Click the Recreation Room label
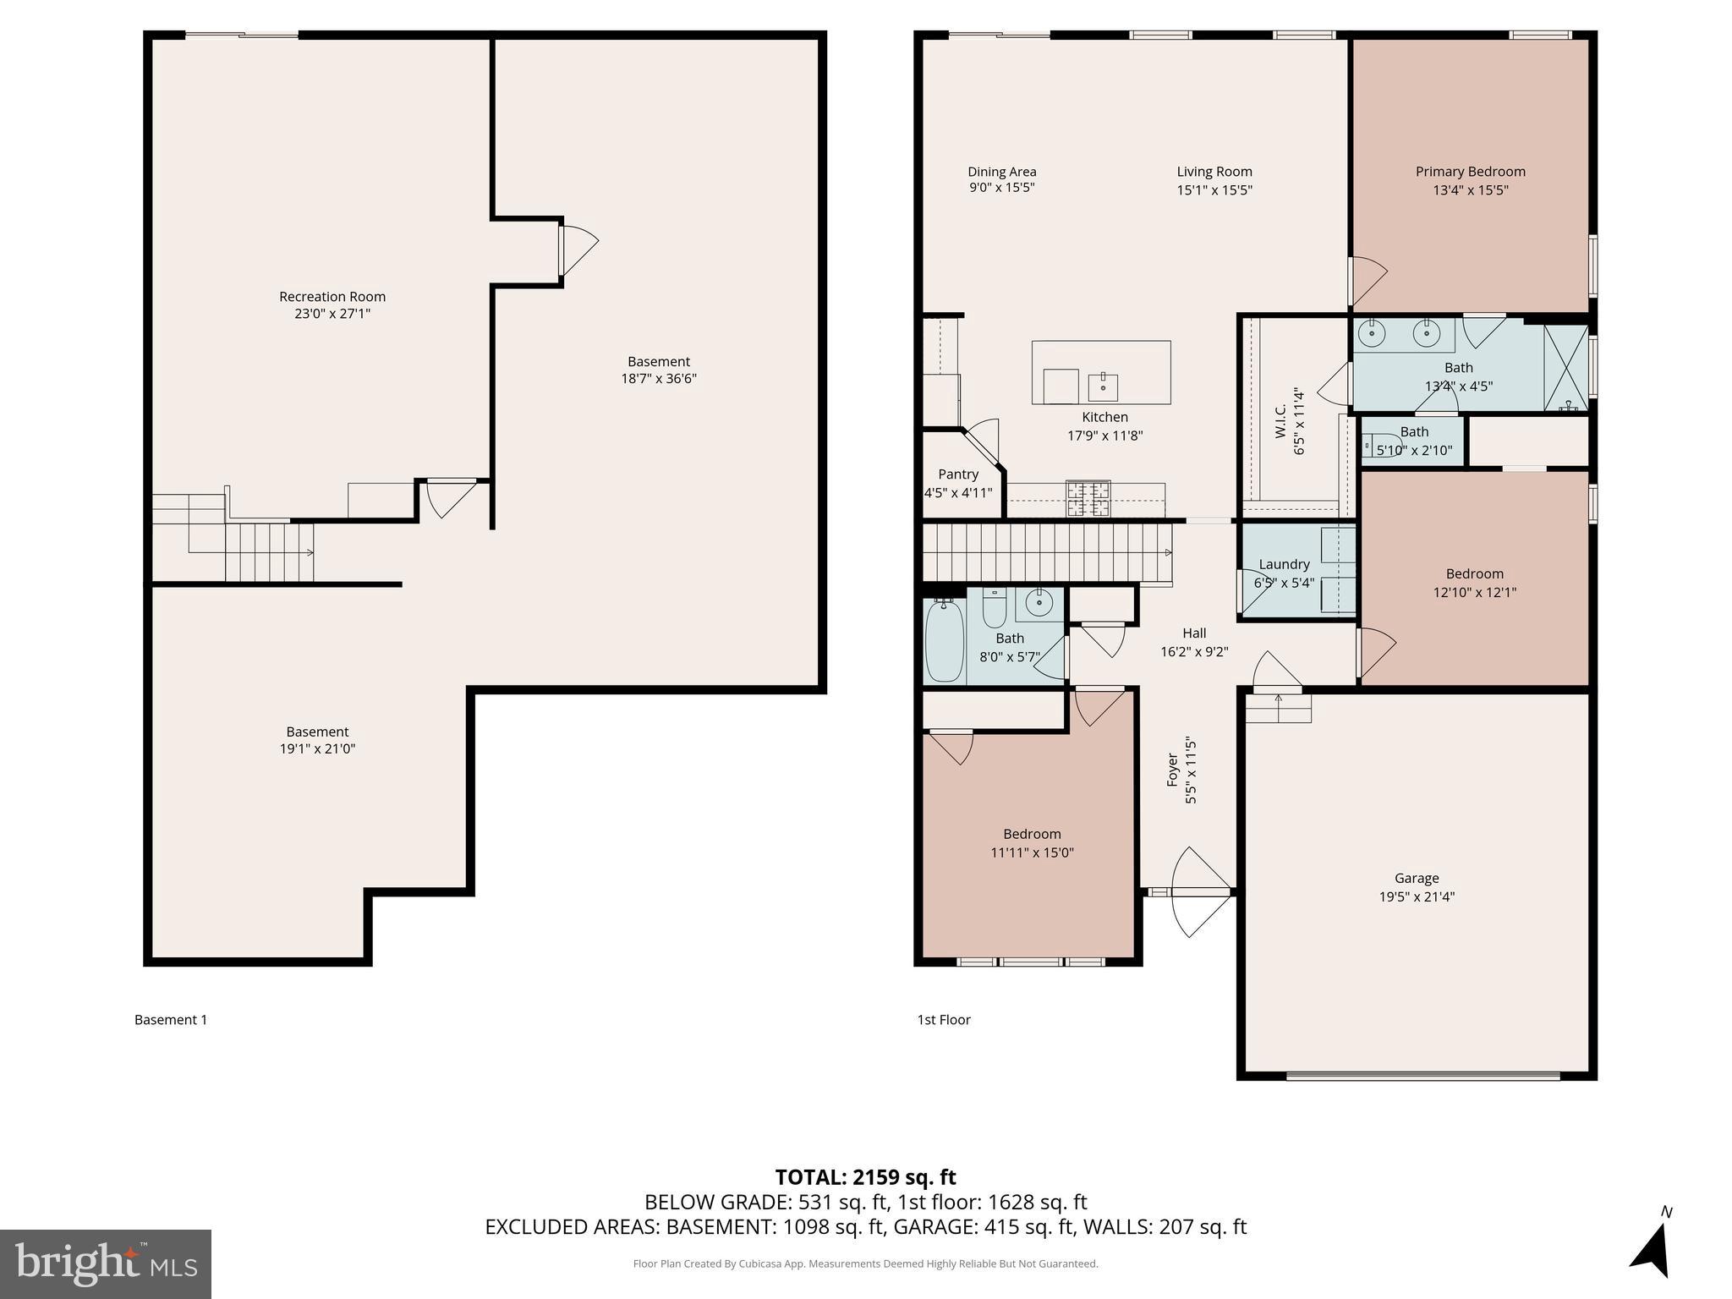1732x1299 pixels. (332, 297)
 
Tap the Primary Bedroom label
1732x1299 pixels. (1470, 172)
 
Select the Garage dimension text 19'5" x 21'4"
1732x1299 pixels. (1417, 896)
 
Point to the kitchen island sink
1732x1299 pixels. (1103, 386)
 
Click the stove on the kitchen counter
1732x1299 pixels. (1088, 498)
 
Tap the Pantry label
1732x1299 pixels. (957, 474)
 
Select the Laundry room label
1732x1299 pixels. (1284, 564)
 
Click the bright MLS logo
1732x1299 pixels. (106, 1264)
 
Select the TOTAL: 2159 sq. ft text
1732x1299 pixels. (865, 1177)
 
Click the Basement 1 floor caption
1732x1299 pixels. (171, 1020)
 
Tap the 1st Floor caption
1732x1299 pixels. (944, 1020)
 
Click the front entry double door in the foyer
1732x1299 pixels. (1192, 891)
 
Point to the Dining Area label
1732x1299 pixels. (1001, 172)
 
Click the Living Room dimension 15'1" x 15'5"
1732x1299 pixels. (1214, 190)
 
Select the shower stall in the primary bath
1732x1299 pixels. (1565, 368)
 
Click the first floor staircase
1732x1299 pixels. (1046, 552)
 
